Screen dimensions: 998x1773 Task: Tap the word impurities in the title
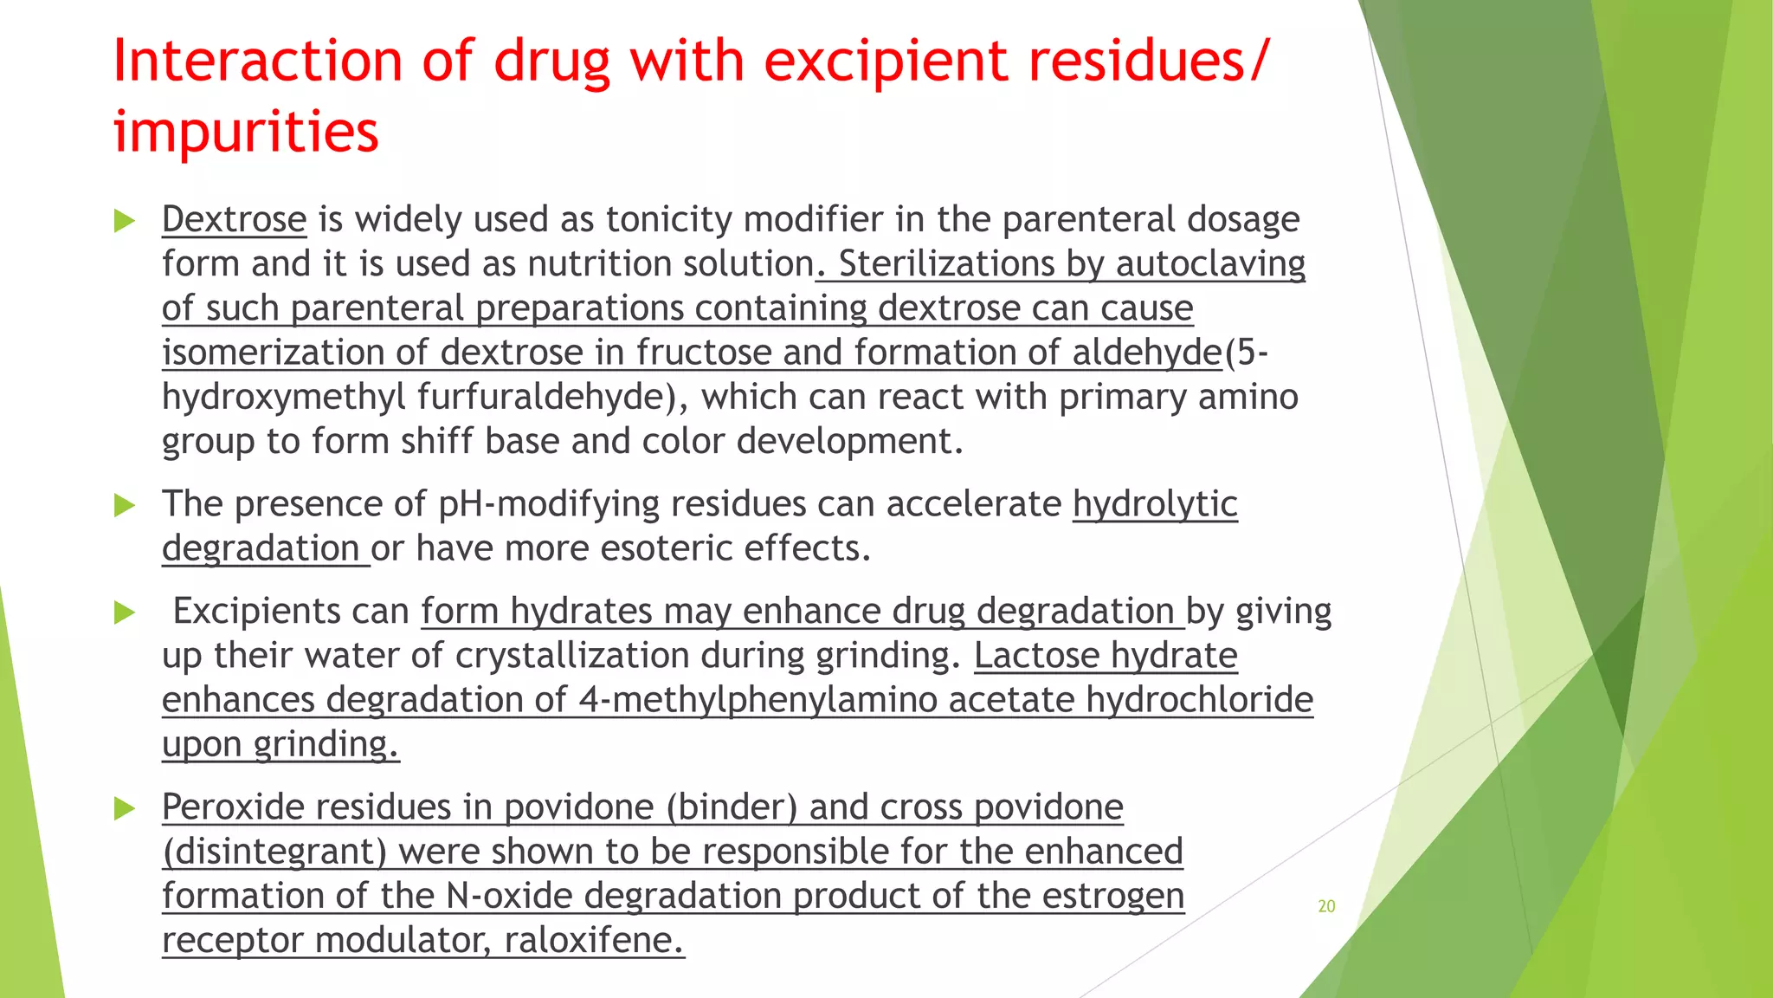click(246, 132)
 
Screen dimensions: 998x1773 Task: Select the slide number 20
click(1326, 906)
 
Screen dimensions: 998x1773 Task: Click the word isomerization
click(274, 353)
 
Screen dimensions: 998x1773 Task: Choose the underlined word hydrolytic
click(1155, 504)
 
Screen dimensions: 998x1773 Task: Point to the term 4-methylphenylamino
click(758, 700)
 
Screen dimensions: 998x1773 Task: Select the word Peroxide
click(231, 807)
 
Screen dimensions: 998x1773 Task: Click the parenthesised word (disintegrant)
click(274, 852)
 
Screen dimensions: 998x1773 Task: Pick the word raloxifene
click(594, 940)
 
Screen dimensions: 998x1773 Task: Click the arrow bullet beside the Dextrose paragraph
click(125, 221)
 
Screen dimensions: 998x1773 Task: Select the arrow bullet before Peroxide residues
click(125, 809)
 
